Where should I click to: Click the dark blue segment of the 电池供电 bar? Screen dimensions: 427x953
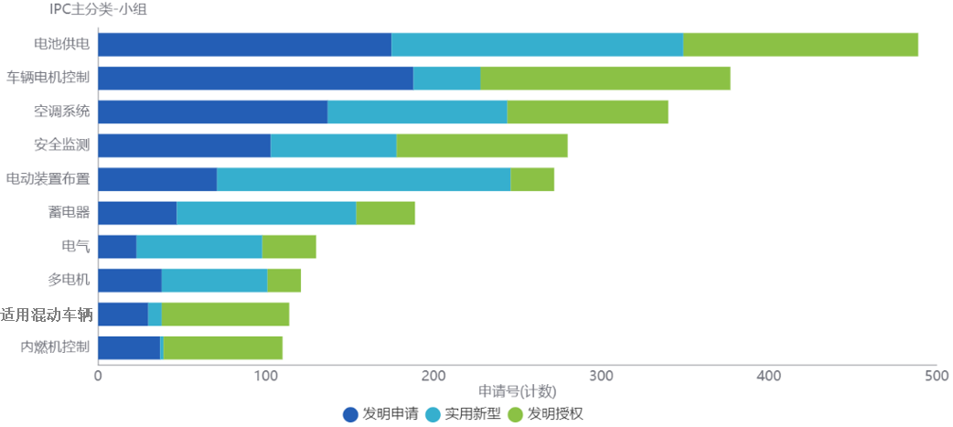pyautogui.click(x=244, y=45)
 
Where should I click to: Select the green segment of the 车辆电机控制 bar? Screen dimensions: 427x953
pyautogui.click(x=605, y=79)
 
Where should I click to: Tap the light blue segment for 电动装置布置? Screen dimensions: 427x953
pyautogui.click(x=363, y=179)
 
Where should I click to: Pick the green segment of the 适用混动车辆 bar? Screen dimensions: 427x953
pyautogui.click(x=225, y=315)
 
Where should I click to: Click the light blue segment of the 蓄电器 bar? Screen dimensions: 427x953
pyautogui.click(x=266, y=213)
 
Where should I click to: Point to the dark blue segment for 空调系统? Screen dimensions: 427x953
pyautogui.click(x=212, y=112)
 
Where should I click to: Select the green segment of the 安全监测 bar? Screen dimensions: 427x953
pyautogui.click(x=481, y=146)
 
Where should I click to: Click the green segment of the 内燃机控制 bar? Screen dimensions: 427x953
pyautogui.click(x=222, y=348)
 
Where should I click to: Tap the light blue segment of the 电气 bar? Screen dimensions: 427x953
pyautogui.click(x=198, y=247)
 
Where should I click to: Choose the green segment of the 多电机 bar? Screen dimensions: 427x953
pyautogui.click(x=284, y=281)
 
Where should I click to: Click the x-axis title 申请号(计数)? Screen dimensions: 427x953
pyautogui.click(x=517, y=391)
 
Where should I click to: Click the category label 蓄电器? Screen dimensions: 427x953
pyautogui.click(x=69, y=213)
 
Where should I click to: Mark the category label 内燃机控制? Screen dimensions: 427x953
pyautogui.click(x=55, y=347)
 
